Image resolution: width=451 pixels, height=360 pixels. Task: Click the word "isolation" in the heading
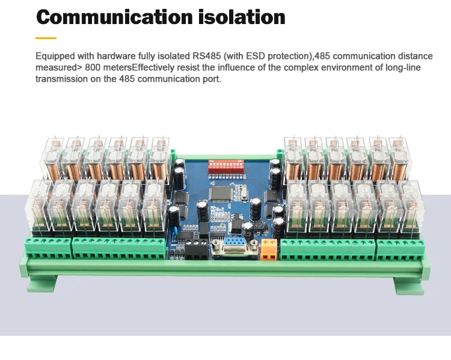pyautogui.click(x=242, y=17)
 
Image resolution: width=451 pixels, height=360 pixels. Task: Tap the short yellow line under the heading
pyautogui.click(x=46, y=38)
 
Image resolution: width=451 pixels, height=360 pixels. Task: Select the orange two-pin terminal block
pyautogui.click(x=269, y=249)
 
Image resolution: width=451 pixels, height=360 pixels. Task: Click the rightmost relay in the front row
pyautogui.click(x=411, y=207)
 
